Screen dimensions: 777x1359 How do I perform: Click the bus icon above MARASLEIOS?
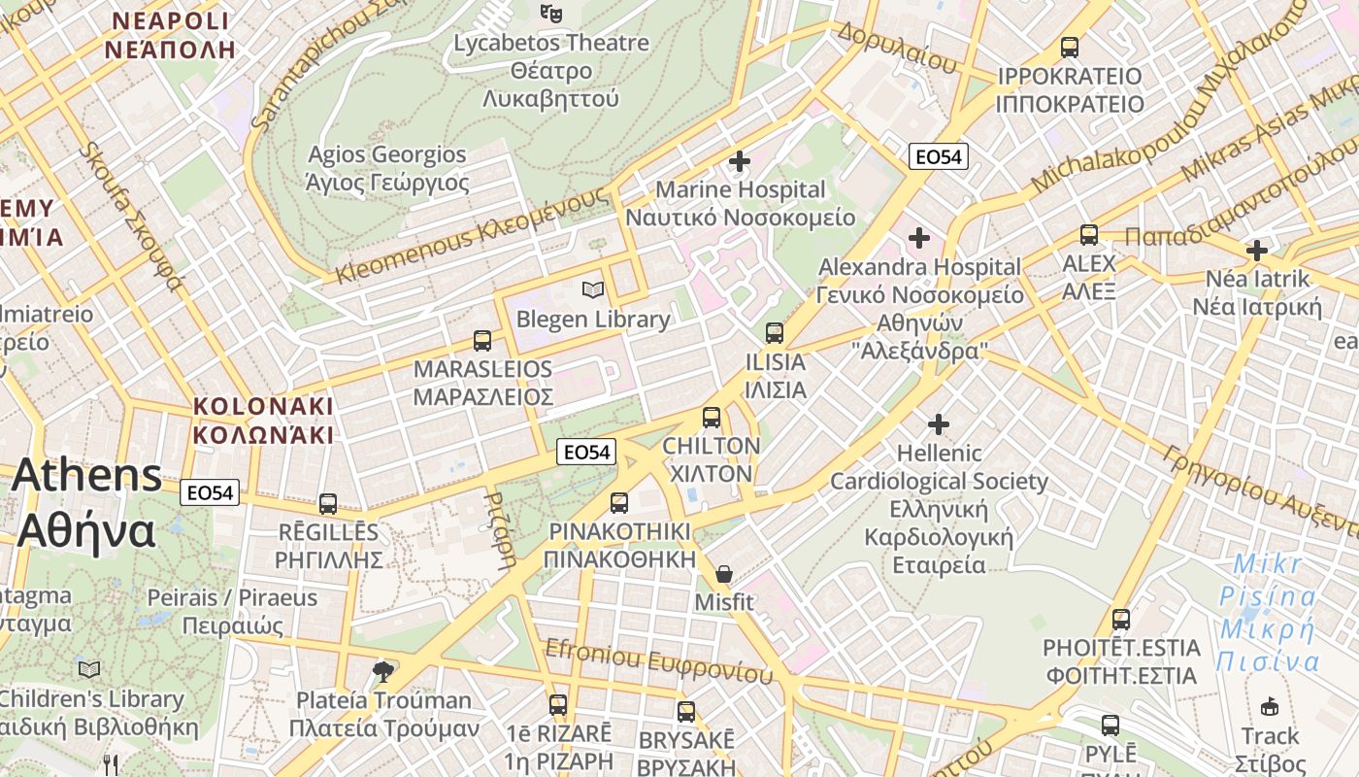pos(482,341)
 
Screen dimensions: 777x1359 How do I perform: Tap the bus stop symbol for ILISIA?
pos(775,333)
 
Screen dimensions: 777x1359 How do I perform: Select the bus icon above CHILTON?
pos(712,418)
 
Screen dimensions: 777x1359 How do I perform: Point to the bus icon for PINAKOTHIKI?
pos(619,503)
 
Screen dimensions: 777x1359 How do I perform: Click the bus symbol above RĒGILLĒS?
pos(328,504)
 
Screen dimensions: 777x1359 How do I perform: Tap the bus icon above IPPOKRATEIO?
pos(1070,47)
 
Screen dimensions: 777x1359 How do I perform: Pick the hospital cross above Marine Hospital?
pos(740,160)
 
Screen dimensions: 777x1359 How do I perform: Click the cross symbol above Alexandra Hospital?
pos(918,237)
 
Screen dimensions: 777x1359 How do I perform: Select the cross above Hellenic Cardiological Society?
pos(938,423)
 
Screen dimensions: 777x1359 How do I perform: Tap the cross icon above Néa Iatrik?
pos(1257,251)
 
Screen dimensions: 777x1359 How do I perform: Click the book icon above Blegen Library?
pos(592,289)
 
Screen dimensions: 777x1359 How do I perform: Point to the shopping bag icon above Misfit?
pos(723,574)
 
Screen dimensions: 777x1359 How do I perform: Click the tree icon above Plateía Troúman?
pos(383,670)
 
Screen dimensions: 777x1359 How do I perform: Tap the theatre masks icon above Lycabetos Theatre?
pos(551,13)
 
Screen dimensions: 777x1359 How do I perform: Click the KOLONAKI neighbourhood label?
pos(262,420)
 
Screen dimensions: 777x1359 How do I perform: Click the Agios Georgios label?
pos(387,168)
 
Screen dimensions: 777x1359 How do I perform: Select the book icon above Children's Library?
pos(89,669)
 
